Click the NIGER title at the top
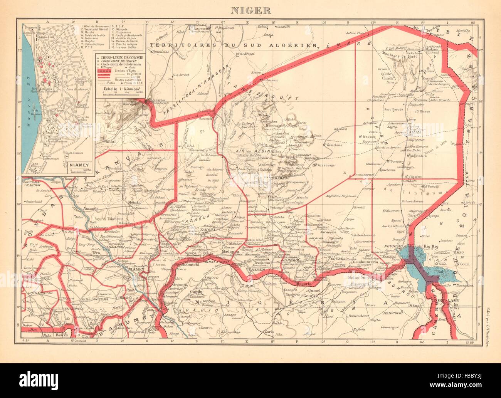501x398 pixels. (x=250, y=10)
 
